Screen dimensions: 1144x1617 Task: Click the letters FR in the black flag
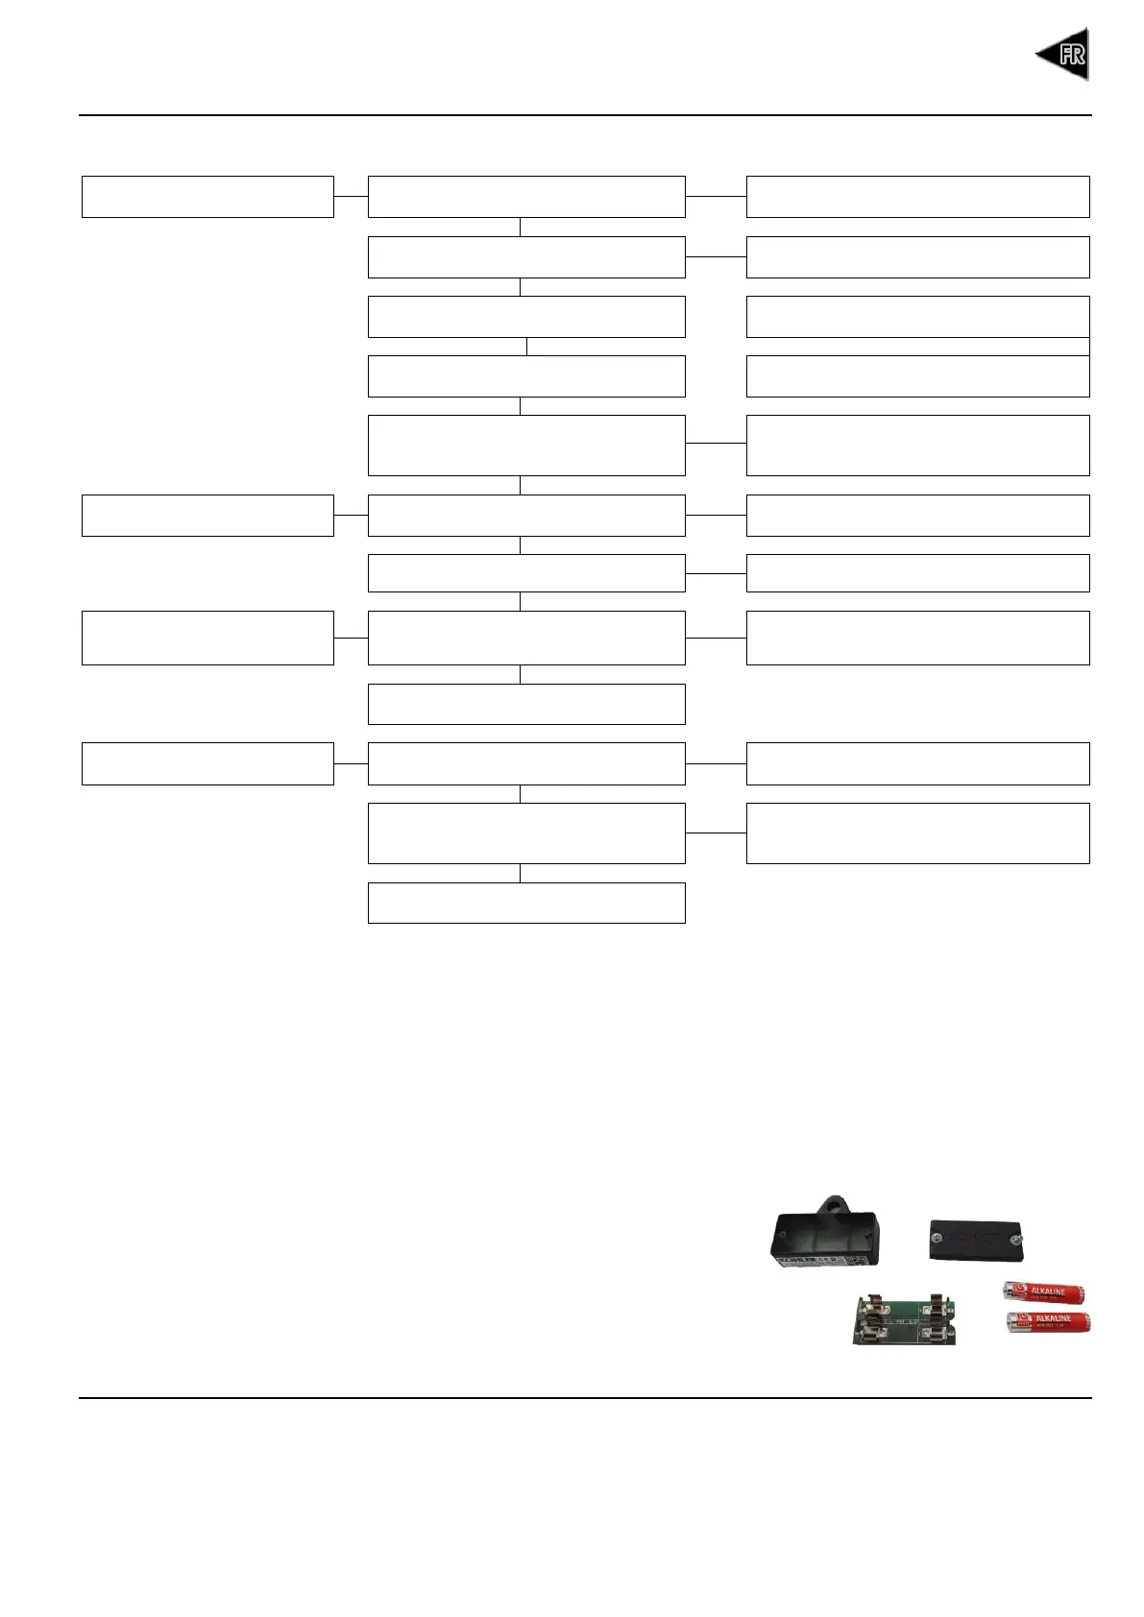(1071, 55)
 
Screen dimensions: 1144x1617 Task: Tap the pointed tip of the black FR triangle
(1037, 55)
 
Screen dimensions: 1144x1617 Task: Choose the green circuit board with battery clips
(903, 1319)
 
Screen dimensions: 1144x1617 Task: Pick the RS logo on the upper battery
(1019, 1291)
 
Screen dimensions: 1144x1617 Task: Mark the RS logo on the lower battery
(1020, 1323)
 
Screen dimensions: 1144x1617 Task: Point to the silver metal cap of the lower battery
(1010, 1324)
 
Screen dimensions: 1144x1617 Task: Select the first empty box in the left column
(207, 197)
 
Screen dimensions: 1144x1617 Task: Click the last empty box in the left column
(207, 763)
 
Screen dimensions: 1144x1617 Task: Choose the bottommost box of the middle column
(526, 903)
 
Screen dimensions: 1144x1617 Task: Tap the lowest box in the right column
(917, 833)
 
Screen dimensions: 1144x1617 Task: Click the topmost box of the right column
(917, 197)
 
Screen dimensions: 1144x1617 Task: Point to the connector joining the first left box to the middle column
(351, 196)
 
